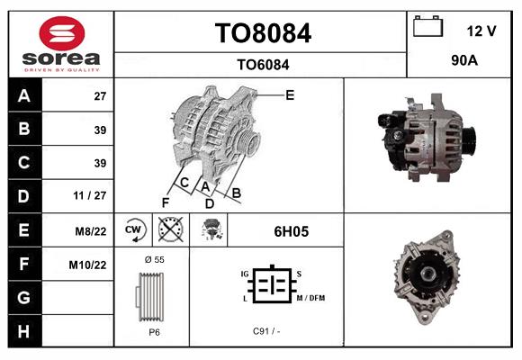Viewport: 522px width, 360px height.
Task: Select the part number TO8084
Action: pos(263,34)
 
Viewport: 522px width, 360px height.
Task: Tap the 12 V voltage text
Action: pos(481,31)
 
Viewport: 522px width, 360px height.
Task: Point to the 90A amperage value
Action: pos(463,62)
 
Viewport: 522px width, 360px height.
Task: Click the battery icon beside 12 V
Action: pos(427,27)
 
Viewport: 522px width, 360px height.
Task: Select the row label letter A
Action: pos(23,96)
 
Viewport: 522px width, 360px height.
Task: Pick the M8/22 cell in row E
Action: pos(92,231)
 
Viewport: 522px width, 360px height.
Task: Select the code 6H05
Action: pos(291,231)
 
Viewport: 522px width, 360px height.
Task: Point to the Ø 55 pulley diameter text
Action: pos(154,259)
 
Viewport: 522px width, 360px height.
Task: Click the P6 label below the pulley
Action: pos(154,331)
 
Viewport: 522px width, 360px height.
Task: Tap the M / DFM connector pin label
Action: pos(310,298)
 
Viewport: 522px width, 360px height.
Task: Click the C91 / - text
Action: pos(266,331)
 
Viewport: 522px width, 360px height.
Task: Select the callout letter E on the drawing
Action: pos(290,94)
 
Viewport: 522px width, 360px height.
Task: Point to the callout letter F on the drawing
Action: pos(165,202)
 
